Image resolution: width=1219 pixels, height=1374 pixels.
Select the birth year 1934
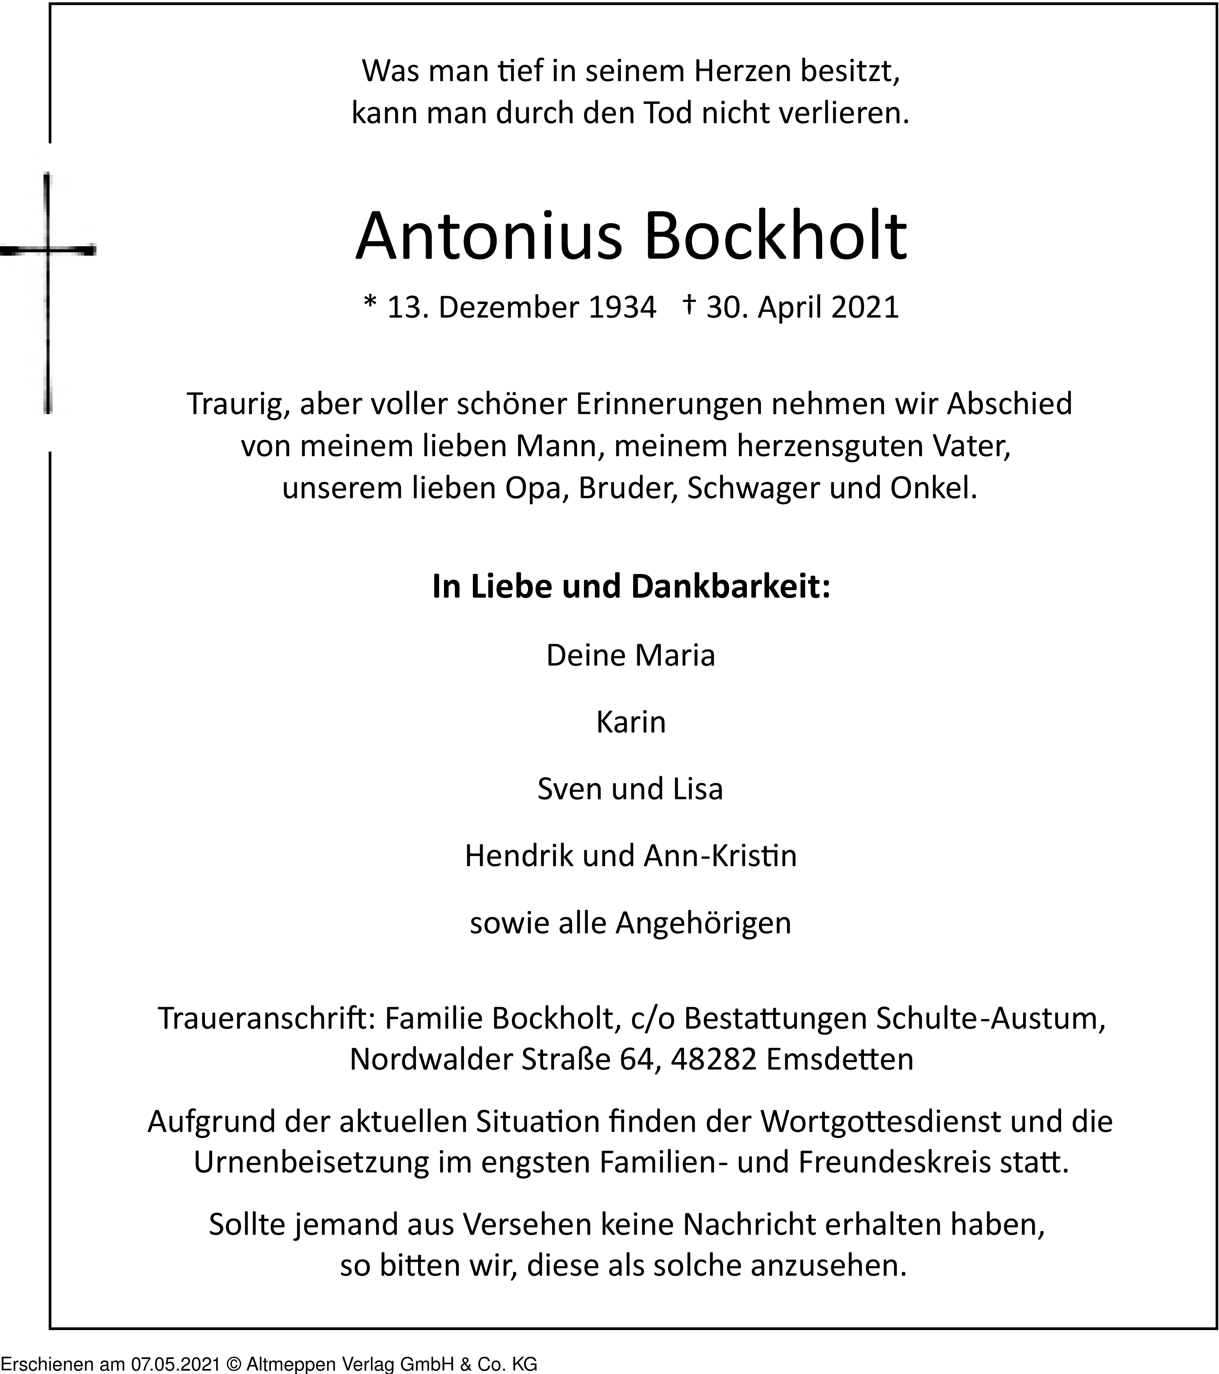[622, 308]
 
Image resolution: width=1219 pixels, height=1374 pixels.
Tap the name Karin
[631, 723]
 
